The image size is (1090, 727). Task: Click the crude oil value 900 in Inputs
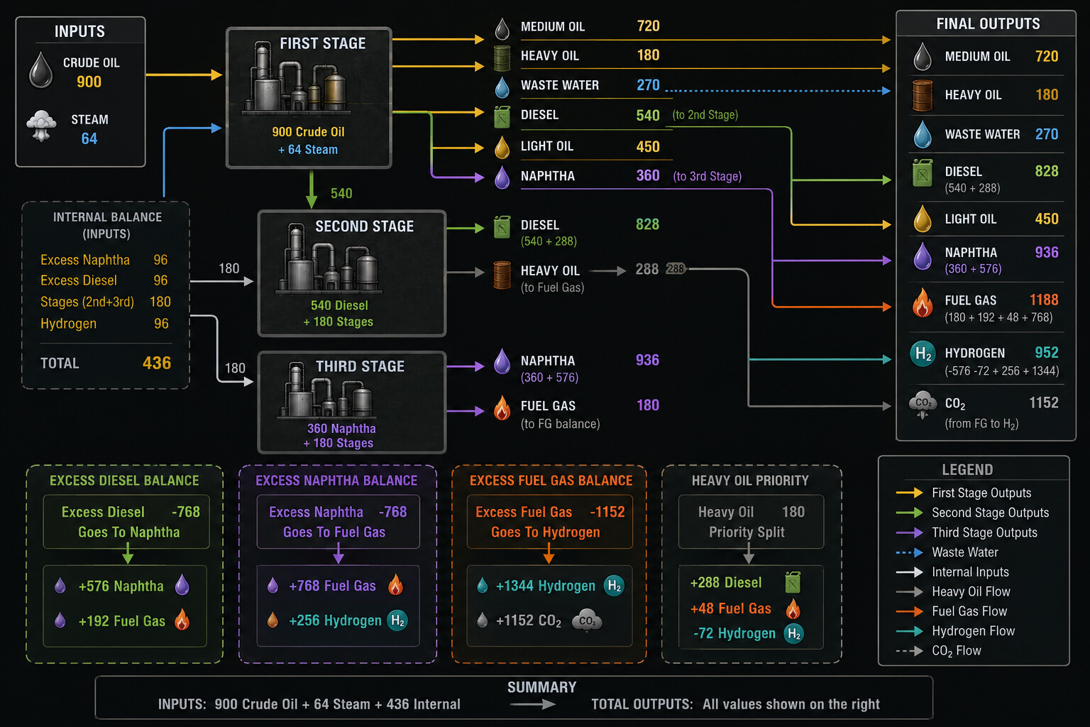[89, 82]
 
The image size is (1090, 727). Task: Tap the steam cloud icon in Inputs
[41, 126]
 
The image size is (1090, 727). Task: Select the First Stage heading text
[323, 43]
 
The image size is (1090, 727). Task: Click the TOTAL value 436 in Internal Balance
[157, 363]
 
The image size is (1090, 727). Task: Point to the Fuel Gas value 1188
[1044, 300]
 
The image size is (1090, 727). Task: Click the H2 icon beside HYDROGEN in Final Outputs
[923, 353]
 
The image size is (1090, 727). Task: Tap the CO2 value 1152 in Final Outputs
[1044, 403]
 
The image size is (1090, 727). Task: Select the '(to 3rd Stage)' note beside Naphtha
[708, 176]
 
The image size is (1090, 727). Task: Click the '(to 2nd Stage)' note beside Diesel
[705, 115]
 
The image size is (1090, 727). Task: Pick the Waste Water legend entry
[965, 552]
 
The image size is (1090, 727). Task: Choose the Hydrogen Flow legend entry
[973, 631]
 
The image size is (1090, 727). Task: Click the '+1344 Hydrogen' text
[546, 586]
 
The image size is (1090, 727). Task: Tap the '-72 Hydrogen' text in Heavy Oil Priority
[734, 633]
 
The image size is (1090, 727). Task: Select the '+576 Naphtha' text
[121, 586]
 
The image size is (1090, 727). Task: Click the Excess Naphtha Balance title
[337, 481]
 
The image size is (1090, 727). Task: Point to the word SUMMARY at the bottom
[541, 687]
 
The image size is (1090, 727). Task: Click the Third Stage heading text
[360, 366]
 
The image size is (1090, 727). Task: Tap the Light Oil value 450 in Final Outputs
[1047, 219]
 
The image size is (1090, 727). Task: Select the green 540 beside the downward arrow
[341, 193]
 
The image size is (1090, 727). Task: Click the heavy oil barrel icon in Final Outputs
[923, 95]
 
